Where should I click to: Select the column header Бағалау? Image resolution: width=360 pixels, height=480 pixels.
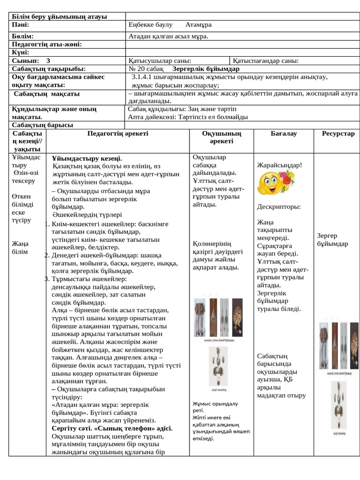click(283, 134)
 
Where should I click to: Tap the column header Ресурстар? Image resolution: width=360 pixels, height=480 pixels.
click(338, 134)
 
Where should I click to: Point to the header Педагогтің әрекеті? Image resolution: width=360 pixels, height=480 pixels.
click(118, 134)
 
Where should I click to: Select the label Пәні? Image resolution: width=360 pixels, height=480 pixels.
click(21, 24)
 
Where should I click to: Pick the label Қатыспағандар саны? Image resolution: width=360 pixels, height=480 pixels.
click(266, 60)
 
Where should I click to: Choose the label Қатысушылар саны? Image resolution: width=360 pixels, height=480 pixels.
click(159, 60)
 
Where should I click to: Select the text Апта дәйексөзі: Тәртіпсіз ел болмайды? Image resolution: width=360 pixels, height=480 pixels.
click(188, 117)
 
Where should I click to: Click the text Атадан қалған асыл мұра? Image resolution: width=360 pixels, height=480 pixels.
click(168, 36)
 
